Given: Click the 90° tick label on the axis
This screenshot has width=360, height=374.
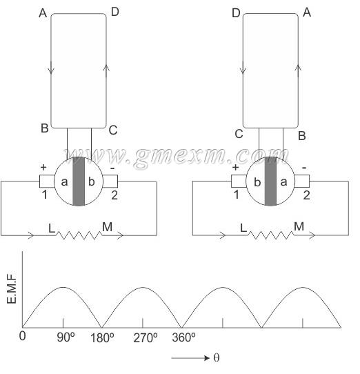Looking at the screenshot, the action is pos(66,337).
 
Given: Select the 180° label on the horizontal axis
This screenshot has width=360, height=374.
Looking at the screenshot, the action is pos(102,338).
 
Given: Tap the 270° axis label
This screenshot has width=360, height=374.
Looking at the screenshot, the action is pos(146,338).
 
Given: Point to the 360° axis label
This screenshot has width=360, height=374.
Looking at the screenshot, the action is pos(183,337).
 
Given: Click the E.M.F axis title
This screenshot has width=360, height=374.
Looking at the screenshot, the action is pos(12,288).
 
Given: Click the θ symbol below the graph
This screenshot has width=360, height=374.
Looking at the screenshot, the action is pos(217,358).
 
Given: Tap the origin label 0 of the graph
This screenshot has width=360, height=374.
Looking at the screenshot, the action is pos(22,336).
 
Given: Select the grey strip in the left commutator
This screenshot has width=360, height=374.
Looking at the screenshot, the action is pos(79,181).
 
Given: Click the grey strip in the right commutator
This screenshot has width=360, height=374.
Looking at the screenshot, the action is pos(270,181).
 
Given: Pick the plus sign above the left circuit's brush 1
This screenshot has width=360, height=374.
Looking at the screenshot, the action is pos(43,167).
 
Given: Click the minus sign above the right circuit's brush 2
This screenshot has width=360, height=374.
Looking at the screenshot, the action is pos(304,168).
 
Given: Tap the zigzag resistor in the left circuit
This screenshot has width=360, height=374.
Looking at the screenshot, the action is pos(79,235).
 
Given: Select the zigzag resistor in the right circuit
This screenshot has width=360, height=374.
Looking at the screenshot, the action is pos(271,235).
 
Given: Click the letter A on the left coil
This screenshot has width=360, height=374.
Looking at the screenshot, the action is pos(43,13).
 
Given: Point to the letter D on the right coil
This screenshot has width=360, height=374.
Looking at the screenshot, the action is pos(236,13).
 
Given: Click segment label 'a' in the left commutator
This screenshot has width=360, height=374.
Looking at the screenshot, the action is pos(64,182).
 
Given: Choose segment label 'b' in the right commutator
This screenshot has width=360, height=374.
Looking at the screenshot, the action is pos(257,182).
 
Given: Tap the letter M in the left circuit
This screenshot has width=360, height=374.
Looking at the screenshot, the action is pos(107,226).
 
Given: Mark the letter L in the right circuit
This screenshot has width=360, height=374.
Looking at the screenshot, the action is pos(243,228).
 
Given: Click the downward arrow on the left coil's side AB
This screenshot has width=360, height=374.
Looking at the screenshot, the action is pos(51,68).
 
